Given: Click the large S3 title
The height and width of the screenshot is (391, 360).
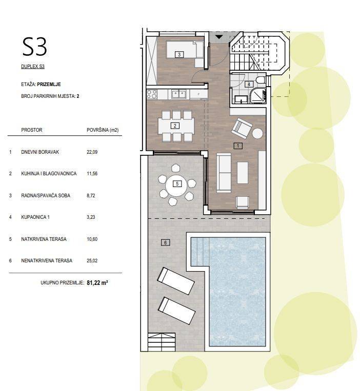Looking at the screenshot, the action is (35, 47).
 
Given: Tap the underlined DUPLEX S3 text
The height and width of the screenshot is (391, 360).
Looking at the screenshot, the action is (33, 67).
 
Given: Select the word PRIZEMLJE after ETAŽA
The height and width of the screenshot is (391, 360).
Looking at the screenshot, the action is (49, 84).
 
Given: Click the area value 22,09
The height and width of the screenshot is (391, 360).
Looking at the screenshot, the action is (92, 152).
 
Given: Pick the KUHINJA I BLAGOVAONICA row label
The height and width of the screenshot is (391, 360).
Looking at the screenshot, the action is (49, 174).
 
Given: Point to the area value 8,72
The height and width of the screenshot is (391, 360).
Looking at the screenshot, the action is (91, 196).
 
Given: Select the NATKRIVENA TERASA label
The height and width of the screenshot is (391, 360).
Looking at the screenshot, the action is (44, 239).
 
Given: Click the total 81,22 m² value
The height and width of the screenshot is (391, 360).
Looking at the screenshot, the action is (97, 282).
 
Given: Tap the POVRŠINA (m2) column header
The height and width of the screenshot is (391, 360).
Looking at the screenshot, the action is (103, 130).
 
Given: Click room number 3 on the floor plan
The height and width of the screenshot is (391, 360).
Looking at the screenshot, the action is (179, 54).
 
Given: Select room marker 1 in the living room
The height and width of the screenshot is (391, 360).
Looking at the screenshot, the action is (238, 146).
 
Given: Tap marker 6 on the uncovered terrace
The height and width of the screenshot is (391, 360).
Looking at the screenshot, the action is (166, 242).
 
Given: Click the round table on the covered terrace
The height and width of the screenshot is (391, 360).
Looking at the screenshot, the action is (177, 184).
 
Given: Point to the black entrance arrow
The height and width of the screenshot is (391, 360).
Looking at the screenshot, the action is (219, 37).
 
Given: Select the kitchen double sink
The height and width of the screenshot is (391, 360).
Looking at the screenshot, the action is (179, 94).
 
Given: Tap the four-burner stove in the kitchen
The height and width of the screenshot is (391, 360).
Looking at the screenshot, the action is (152, 94).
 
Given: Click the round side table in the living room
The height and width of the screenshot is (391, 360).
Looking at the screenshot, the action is (257, 133).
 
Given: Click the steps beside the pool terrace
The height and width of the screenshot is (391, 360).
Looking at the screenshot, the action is (162, 342).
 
